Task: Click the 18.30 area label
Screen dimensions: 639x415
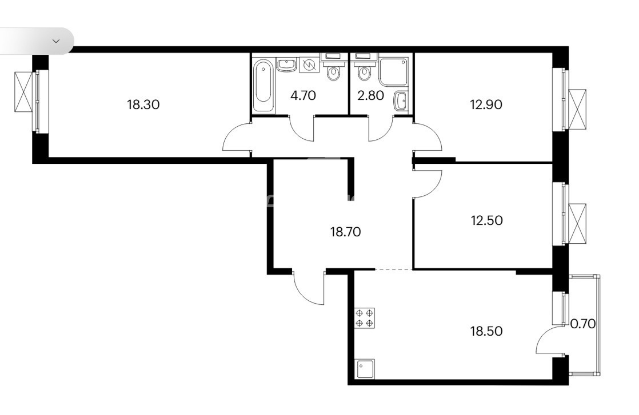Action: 143,104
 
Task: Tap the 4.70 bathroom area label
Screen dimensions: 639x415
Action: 303,95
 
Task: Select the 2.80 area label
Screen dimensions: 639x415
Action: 370,95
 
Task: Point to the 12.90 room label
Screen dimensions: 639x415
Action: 486,104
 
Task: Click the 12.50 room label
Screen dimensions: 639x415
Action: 486,220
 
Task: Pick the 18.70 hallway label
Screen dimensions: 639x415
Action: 345,232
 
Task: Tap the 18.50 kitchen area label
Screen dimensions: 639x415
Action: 486,331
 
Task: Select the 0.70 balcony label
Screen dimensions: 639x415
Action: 583,324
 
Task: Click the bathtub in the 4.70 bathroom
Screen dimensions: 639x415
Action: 263,86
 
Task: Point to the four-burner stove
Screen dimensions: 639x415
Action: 365,318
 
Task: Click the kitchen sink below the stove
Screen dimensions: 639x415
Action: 365,369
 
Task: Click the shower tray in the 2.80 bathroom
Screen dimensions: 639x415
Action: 393,71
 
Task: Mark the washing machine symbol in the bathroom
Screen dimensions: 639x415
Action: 309,65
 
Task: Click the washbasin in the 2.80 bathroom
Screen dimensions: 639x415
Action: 401,101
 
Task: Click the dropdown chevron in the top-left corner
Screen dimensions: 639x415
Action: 56,41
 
